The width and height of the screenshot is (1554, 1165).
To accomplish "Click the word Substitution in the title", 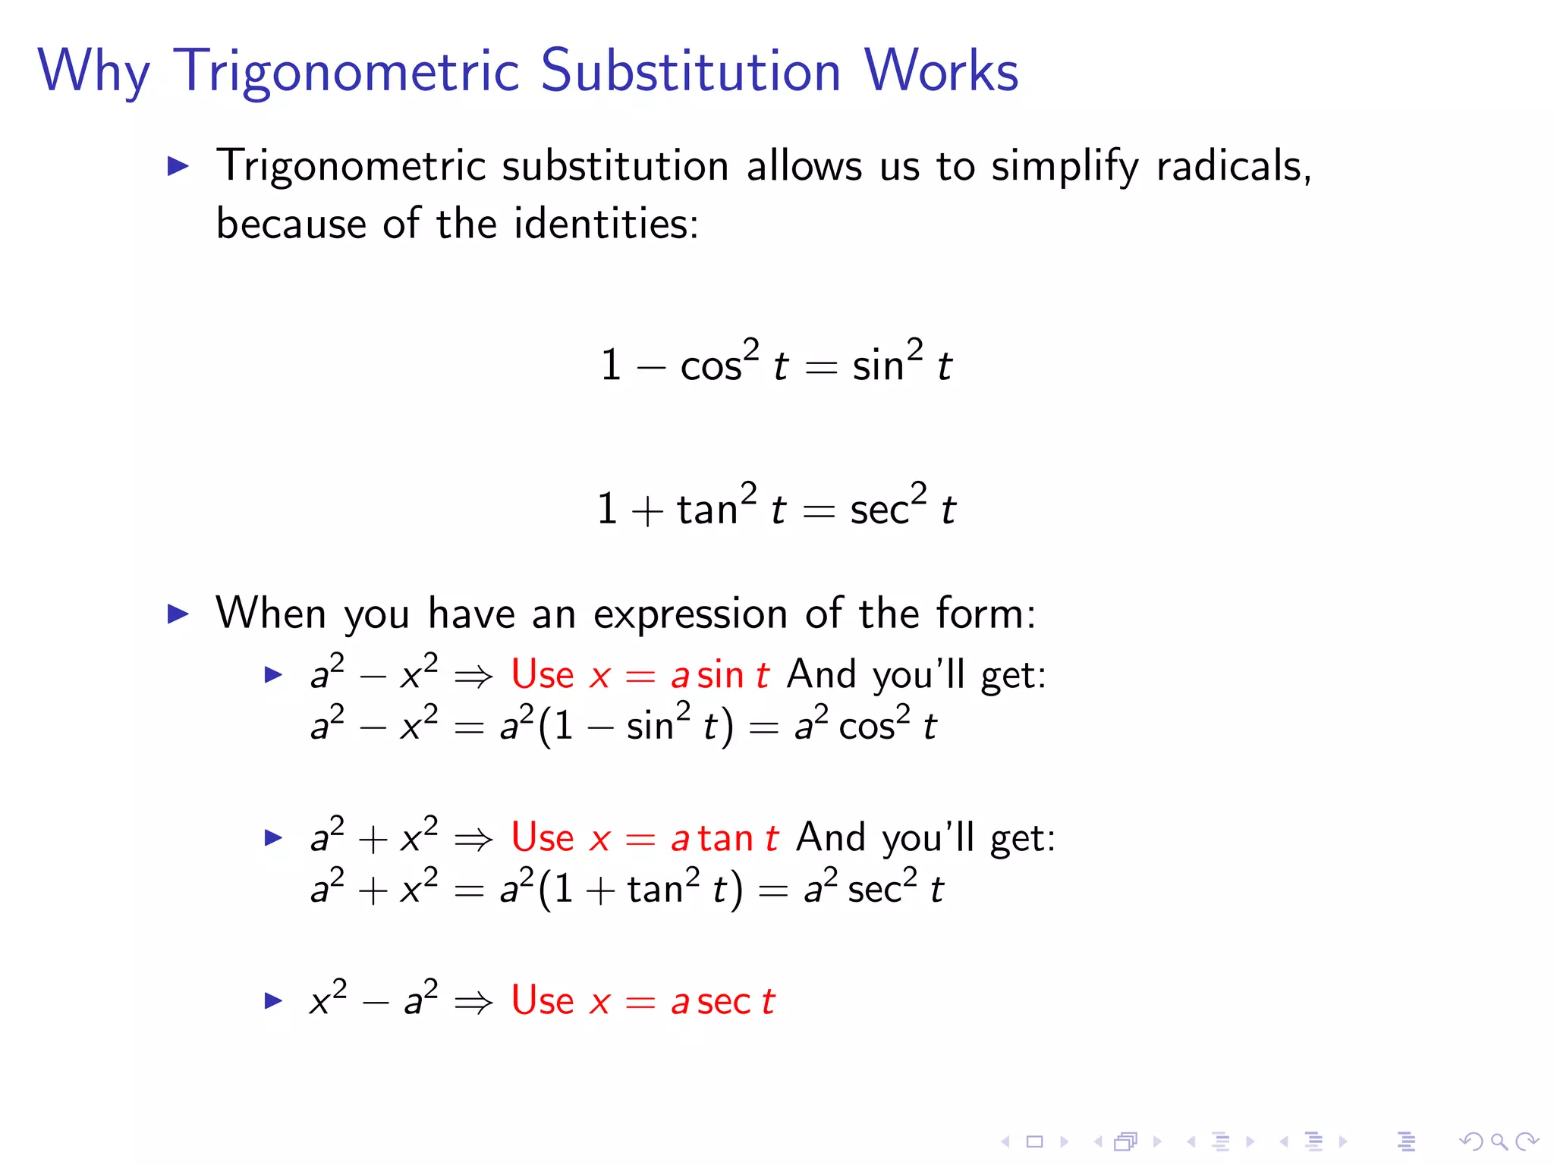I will (x=690, y=71).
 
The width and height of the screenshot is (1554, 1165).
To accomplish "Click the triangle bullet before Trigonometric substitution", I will (x=178, y=165).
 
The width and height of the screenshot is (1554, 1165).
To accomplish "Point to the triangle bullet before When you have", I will (x=178, y=613).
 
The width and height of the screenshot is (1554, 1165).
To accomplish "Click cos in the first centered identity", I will (x=710, y=366).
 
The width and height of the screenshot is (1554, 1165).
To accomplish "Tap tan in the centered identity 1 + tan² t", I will (x=706, y=509).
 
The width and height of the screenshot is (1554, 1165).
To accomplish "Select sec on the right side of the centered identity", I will (x=879, y=509).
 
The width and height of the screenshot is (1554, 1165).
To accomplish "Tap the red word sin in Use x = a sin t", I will (x=720, y=674).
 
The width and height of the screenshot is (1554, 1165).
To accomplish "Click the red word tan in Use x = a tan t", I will (x=725, y=838).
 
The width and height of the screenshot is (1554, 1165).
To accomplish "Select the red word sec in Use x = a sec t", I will (x=724, y=1002).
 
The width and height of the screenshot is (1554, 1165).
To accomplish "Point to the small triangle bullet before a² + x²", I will (x=273, y=838).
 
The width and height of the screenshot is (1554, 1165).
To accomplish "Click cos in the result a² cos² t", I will (x=867, y=727).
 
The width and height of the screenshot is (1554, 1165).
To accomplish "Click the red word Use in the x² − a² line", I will (x=543, y=1000).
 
